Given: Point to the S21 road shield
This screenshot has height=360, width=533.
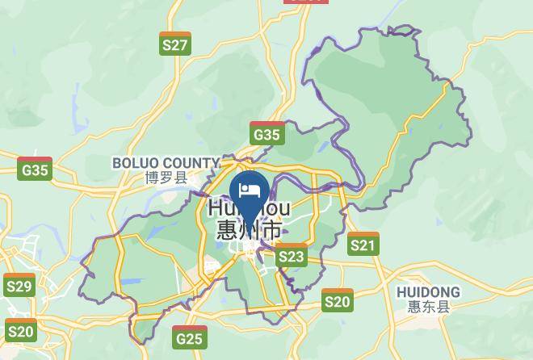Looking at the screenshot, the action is tap(363, 244).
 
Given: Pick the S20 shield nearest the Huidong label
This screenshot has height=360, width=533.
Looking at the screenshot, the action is tap(338, 300).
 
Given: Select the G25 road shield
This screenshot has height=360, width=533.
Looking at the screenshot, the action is tap(189, 337).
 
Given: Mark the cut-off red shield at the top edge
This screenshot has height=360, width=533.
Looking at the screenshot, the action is tap(307, 2).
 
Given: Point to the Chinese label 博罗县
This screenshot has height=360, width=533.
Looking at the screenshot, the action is tap(166, 178).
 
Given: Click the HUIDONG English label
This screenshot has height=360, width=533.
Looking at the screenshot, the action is tap(428, 291).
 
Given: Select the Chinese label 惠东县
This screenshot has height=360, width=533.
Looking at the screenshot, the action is tap(428, 307).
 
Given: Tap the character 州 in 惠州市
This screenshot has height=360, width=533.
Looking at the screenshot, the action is tap(250, 230).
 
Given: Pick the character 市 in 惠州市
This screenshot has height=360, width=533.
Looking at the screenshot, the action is tap(272, 230).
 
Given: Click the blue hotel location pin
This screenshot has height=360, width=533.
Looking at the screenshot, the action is tap(250, 195).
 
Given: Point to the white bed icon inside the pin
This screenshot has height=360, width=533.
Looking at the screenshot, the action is tap(250, 190).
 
